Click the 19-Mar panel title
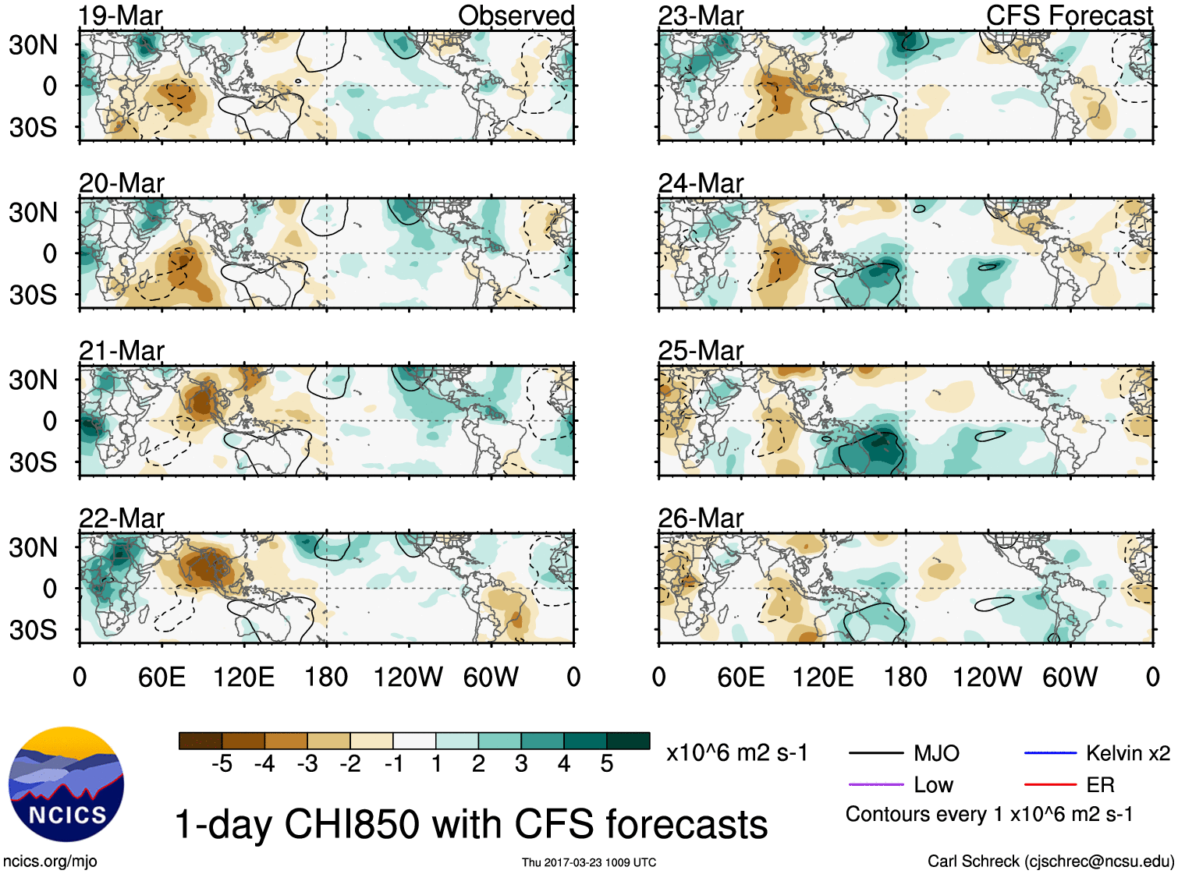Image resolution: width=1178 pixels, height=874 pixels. (121, 16)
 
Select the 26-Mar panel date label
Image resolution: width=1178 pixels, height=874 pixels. (701, 518)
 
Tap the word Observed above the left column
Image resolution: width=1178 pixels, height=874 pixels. (516, 16)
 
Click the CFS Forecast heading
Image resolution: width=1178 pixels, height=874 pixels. (1069, 16)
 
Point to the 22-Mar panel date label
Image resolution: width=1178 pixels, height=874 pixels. (122, 518)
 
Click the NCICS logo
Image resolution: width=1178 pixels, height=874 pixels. (66, 784)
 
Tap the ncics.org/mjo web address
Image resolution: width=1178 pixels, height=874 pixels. (50, 862)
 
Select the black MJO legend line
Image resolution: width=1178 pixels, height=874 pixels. (875, 753)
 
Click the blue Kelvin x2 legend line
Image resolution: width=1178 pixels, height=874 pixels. (1050, 753)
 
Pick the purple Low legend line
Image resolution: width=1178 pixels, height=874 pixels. (875, 785)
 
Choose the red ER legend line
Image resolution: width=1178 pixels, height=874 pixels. (1050, 785)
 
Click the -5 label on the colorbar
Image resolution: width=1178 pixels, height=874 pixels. (222, 764)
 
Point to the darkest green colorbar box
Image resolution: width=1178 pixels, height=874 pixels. (628, 741)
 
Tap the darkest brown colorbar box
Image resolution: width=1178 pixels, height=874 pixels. (200, 741)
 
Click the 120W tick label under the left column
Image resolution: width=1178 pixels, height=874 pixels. (408, 677)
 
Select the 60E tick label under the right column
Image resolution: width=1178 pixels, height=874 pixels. (740, 677)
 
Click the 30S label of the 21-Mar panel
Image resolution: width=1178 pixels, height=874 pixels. (34, 462)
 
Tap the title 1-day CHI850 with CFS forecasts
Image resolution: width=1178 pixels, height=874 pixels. (470, 824)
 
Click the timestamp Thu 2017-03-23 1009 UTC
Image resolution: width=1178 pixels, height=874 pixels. (589, 862)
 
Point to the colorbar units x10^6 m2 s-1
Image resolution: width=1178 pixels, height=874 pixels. (736, 753)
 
